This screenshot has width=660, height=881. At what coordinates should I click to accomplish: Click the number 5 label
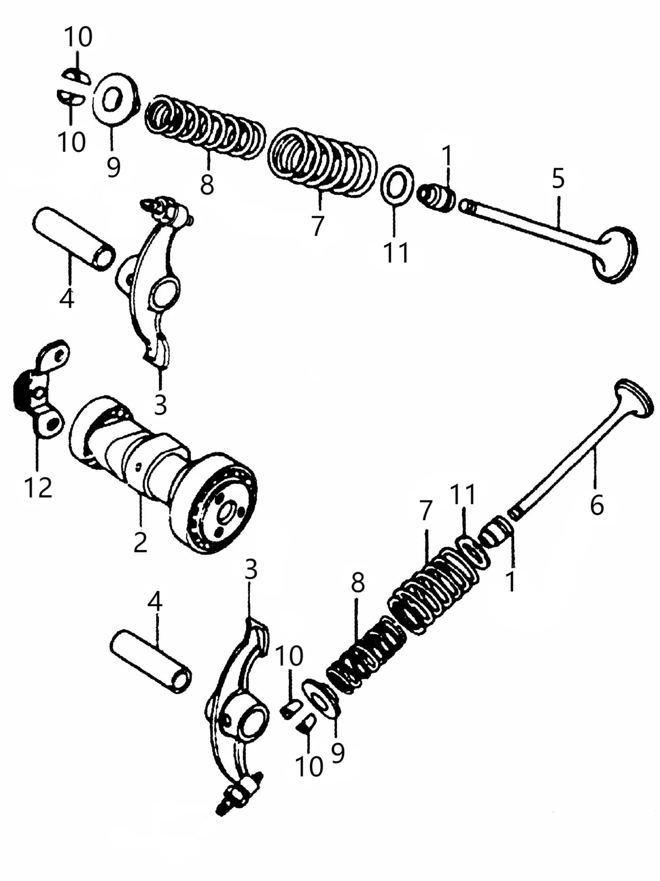pyautogui.click(x=558, y=179)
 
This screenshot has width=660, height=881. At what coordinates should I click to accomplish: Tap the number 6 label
pyautogui.click(x=597, y=505)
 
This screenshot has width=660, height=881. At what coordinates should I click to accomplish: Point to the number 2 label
pyautogui.click(x=140, y=542)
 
